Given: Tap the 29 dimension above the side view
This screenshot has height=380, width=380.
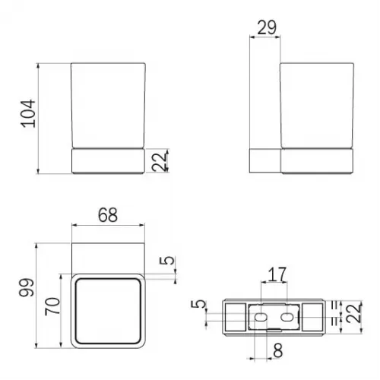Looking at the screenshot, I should pyautogui.click(x=265, y=28).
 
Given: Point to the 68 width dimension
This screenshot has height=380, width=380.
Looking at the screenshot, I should pyautogui.click(x=108, y=216).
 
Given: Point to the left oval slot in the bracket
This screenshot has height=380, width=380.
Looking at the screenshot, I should pyautogui.click(x=261, y=313).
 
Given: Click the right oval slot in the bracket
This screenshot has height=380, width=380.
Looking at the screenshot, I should pyautogui.click(x=289, y=313).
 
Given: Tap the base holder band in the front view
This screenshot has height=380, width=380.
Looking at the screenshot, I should pyautogui.click(x=108, y=161).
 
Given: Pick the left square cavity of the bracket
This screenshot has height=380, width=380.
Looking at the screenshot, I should pyautogui.click(x=233, y=313).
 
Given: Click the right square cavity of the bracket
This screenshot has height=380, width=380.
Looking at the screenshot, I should pyautogui.click(x=316, y=313).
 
